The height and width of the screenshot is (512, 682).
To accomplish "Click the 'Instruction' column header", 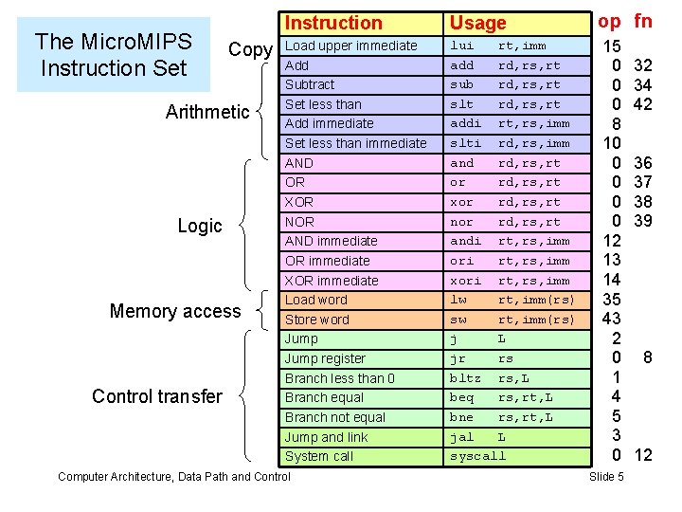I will click(x=333, y=23).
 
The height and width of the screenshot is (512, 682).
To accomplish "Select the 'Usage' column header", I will click(x=478, y=23).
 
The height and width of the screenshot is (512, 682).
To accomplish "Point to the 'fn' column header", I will click(x=643, y=21).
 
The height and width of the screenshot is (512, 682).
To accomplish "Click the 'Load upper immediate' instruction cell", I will click(x=350, y=46).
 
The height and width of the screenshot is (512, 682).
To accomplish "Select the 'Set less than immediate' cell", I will click(x=355, y=143).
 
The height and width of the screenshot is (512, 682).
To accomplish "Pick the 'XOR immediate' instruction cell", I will click(x=332, y=281).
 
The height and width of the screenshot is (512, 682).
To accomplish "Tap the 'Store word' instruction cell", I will click(x=317, y=320).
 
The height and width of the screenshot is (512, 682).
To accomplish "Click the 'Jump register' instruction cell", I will click(x=325, y=358).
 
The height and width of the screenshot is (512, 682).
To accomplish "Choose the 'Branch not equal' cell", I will click(x=335, y=417).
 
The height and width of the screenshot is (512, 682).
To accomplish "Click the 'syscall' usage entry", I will click(x=478, y=456).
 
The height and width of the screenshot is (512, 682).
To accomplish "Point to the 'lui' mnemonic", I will click(x=461, y=46).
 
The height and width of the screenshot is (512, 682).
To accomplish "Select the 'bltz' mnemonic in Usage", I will click(x=465, y=378).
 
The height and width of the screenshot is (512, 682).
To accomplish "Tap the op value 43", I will click(x=611, y=319).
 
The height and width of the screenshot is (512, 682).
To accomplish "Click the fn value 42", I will click(x=643, y=104).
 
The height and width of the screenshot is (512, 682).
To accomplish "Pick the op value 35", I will click(x=611, y=300).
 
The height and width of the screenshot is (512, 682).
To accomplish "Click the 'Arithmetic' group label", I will click(x=207, y=112).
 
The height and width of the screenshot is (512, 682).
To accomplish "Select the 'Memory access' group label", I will click(x=175, y=311).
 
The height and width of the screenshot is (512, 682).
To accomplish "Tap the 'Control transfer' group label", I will click(x=157, y=396).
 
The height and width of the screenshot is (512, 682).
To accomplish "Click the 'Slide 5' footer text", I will click(x=606, y=476).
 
